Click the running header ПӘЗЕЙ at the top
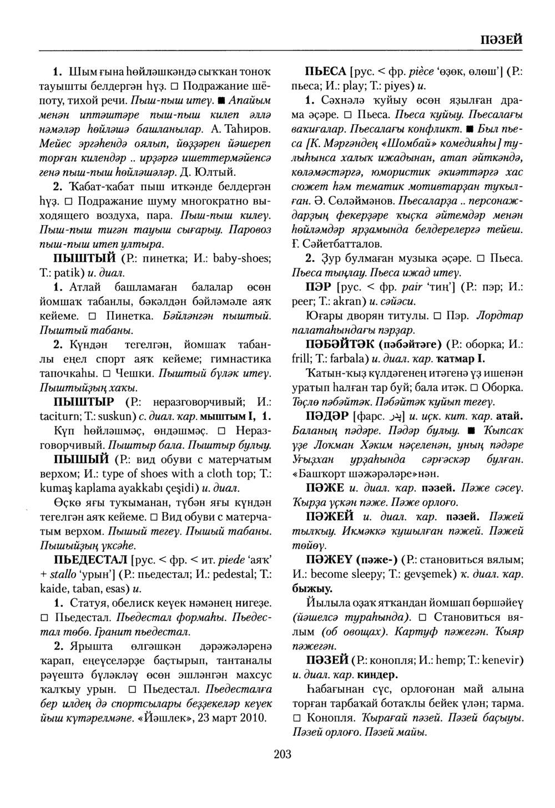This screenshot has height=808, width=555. tap(499, 40)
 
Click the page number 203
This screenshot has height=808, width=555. tap(282, 754)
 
